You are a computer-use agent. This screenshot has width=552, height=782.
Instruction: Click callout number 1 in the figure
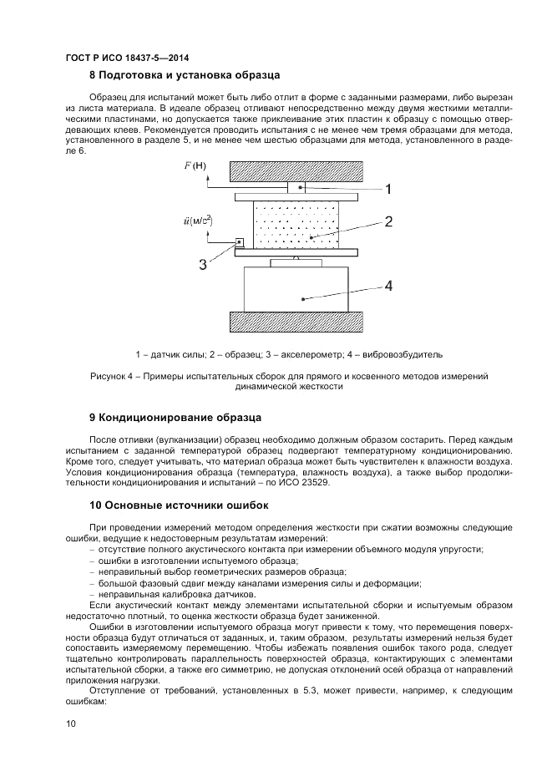(x=388, y=189)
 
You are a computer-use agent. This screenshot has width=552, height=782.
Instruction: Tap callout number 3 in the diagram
(x=203, y=265)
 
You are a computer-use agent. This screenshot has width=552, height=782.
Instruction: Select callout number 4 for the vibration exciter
(x=388, y=285)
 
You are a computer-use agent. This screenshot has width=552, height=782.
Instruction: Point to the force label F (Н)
(x=195, y=165)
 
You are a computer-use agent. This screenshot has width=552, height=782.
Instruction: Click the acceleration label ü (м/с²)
(x=197, y=221)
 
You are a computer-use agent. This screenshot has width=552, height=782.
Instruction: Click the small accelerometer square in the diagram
(x=240, y=242)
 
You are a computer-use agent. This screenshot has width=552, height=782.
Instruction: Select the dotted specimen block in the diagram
(x=297, y=223)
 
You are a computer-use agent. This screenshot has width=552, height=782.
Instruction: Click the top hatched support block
(x=297, y=170)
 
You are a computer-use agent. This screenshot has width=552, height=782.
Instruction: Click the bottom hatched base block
(x=297, y=322)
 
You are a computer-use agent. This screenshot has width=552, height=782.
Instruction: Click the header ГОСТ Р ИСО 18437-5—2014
(x=126, y=58)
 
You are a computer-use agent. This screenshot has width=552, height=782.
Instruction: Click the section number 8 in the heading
(x=93, y=75)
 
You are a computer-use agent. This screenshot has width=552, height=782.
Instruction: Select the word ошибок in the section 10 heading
(x=242, y=505)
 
